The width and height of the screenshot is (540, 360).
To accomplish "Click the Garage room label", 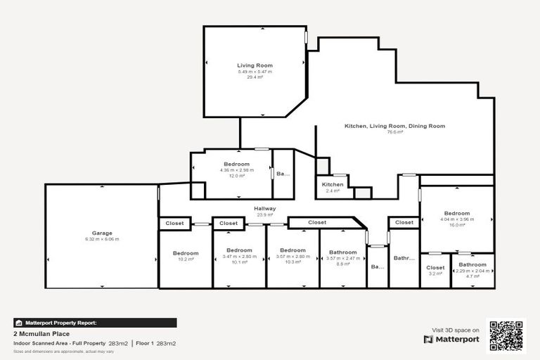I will pos(102,233).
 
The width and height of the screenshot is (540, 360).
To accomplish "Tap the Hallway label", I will pos(265,209).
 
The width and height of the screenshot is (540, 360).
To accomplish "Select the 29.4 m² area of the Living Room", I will pos(255,77).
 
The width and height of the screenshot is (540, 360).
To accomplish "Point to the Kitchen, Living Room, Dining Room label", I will pos(394,126).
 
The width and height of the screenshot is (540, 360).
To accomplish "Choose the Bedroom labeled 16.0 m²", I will pos(456,219).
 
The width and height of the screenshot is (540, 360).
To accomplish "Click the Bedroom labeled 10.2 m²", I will pos(186,256).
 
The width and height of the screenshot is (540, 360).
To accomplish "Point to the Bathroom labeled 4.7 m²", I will pos(472,270).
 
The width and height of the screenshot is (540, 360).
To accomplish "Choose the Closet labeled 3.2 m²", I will pos(435,270).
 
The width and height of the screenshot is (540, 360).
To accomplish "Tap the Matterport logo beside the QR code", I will pos(451,339).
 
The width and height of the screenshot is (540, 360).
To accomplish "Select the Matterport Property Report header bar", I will pos(95,323).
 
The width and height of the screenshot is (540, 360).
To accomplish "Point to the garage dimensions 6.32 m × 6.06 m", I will pos(102,240).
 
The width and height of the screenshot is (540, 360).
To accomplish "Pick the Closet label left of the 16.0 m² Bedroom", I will pos(404,223).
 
